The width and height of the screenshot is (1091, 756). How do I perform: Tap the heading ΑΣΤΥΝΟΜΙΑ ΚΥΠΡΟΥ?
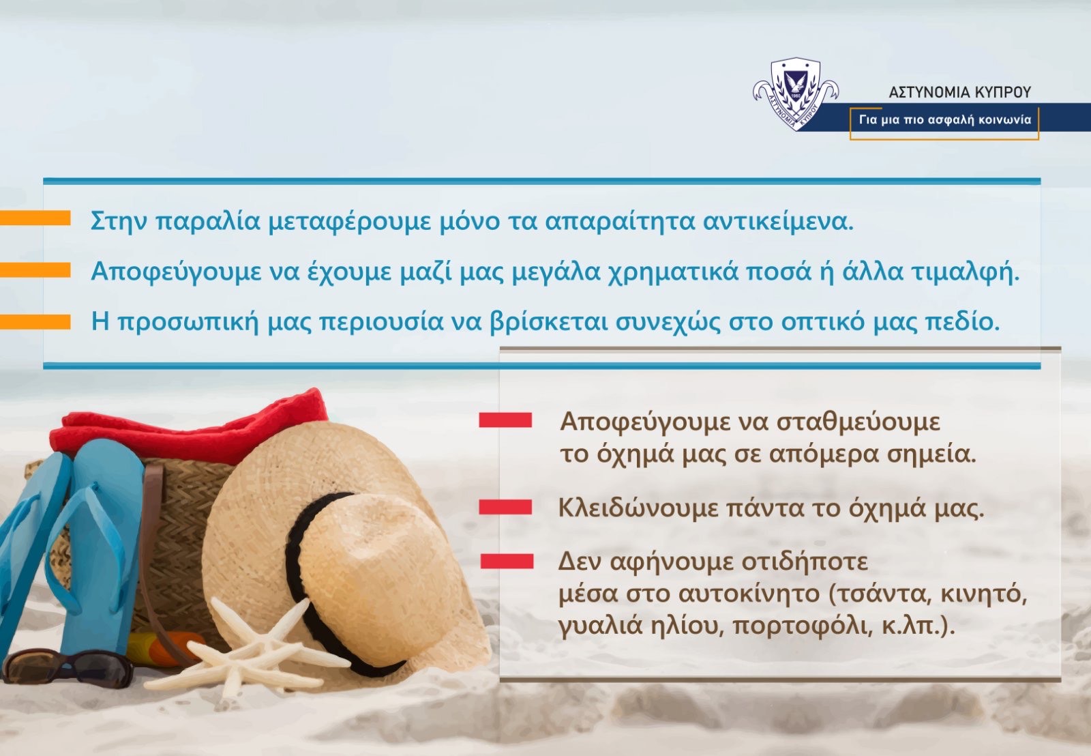coord(959,92)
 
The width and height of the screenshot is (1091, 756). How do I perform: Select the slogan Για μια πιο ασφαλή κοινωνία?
coord(945,120)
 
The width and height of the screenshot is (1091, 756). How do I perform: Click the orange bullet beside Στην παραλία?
coord(35,218)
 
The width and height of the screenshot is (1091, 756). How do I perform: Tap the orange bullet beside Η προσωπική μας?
coord(35,322)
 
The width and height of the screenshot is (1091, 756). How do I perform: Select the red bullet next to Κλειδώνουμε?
coord(505,507)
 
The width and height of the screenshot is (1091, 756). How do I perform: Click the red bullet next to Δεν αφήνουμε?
coord(507,561)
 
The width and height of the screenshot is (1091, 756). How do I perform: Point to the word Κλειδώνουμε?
coord(638,508)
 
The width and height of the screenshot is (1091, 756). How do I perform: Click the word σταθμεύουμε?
coord(858,422)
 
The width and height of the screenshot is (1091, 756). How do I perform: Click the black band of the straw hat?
coord(312,580)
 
